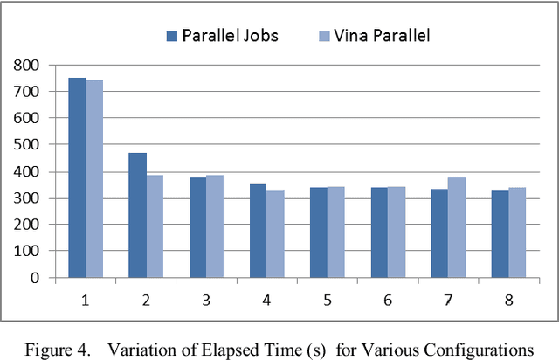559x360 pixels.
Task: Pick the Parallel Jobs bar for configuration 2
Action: [137, 215]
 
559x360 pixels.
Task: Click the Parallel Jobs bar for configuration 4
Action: [258, 231]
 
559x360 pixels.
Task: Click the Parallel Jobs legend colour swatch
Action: [172, 36]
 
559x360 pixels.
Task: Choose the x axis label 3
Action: [206, 300]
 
